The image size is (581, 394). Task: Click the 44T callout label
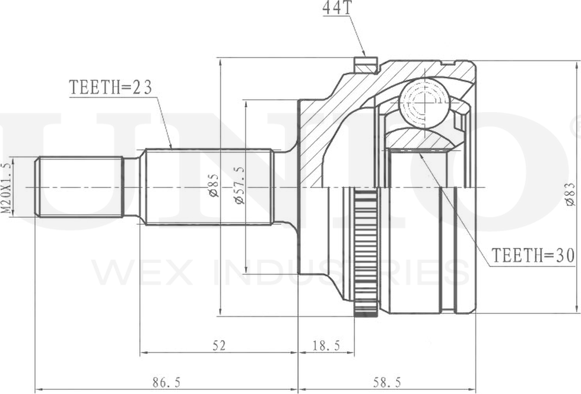coord(336,9)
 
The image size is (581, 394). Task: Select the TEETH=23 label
coord(110,87)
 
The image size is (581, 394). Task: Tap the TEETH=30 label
coord(532,255)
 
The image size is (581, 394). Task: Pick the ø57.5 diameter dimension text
coord(240,185)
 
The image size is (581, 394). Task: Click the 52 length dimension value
coord(219,345)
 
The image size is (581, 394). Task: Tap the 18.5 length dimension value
coord(326,345)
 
